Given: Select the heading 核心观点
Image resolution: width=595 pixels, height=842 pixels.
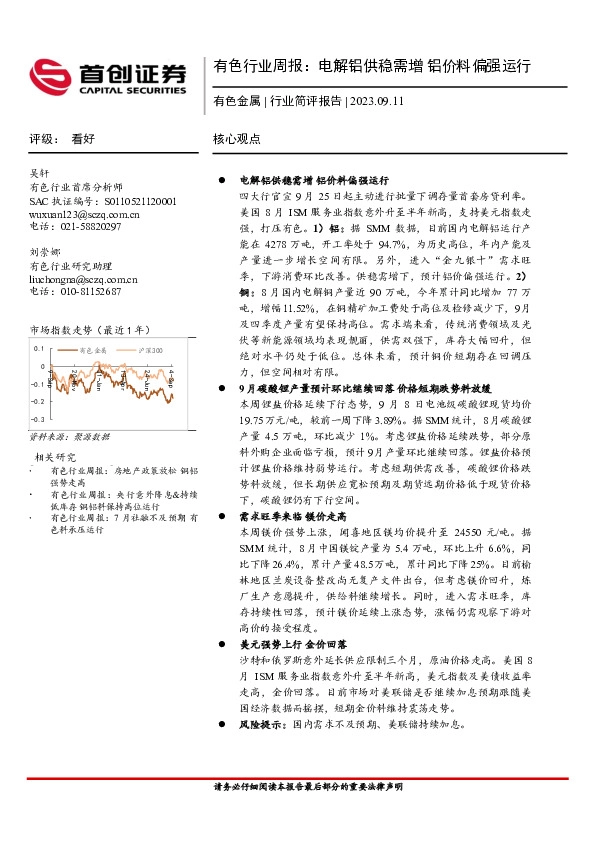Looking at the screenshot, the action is [237, 140].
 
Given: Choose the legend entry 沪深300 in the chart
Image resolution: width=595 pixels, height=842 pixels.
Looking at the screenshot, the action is [149, 351].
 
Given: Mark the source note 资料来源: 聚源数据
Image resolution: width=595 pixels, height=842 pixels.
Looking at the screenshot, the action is [69, 438].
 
